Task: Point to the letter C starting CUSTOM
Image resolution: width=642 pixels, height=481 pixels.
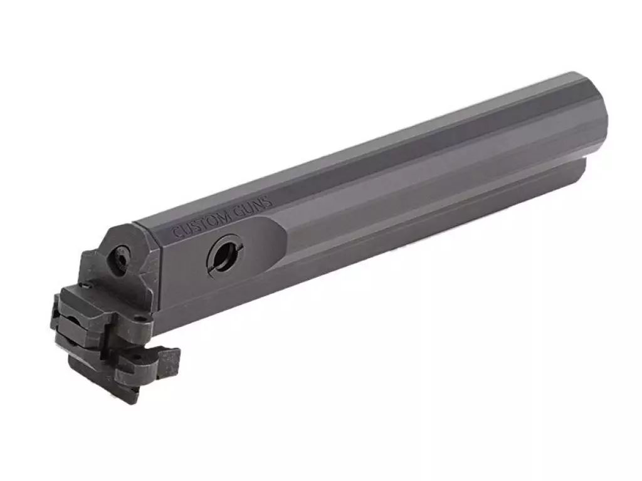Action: [x=176, y=233]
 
